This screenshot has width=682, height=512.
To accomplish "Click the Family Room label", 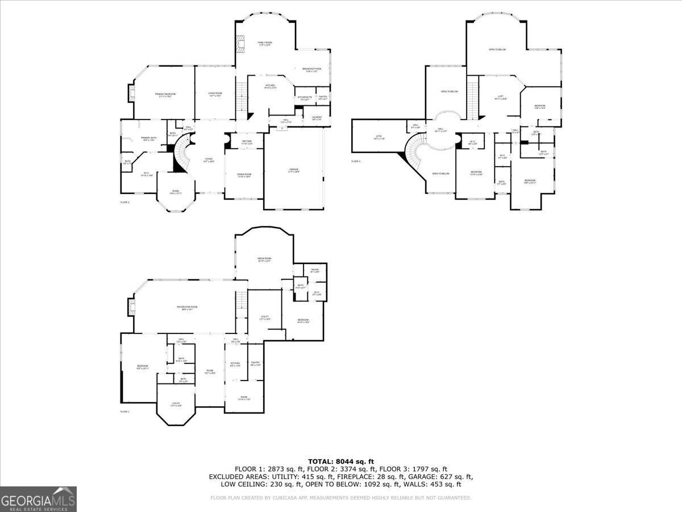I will (x=264, y=44).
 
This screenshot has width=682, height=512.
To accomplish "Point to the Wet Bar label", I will (x=247, y=142).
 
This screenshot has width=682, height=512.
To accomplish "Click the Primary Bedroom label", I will (x=165, y=95).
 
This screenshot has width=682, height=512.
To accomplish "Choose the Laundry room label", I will (x=317, y=118).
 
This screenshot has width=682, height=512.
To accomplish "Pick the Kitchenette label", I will (x=304, y=98).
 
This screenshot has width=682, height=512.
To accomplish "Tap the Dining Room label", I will (x=244, y=176).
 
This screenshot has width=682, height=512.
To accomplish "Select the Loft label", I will (x=501, y=97).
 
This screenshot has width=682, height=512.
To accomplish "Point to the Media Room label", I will (x=264, y=259).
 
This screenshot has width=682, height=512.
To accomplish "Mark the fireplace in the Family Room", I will (x=241, y=44).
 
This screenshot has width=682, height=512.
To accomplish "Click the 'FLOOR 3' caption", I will (x=356, y=162).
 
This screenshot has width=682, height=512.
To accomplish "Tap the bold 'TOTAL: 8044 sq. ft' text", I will (x=340, y=461).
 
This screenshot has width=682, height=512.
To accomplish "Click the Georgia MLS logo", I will (x=38, y=499).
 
